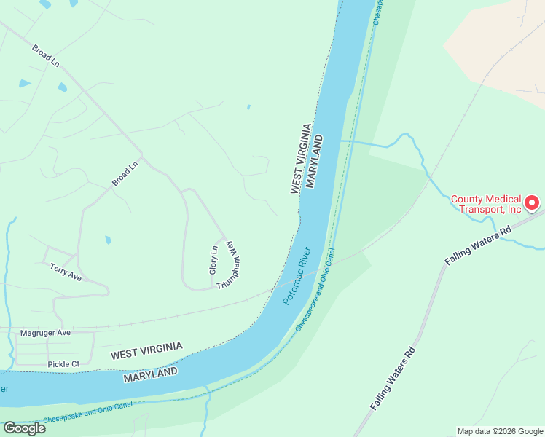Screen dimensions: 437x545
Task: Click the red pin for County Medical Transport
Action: (x=532, y=202)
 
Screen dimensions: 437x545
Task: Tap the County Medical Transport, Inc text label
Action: (x=486, y=204)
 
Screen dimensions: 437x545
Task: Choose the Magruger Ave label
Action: (x=44, y=333)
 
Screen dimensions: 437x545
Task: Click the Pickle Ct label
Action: (x=63, y=363)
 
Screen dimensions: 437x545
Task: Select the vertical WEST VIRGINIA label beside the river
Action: (x=301, y=159)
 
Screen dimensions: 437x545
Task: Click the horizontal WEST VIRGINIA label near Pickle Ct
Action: (x=146, y=351)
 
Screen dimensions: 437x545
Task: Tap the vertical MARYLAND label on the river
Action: (x=315, y=161)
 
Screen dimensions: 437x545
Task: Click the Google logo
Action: (x=24, y=428)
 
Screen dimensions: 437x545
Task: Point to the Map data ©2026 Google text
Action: (x=499, y=431)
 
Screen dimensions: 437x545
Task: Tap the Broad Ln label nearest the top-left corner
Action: (x=45, y=56)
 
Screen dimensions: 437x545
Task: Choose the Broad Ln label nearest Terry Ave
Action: (x=125, y=175)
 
